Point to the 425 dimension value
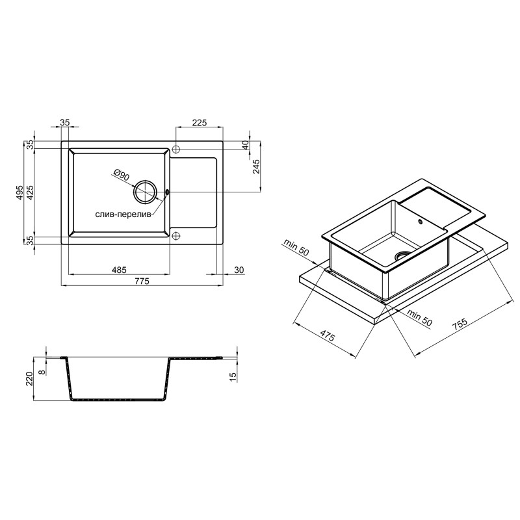click(31, 192)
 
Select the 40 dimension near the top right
click(245, 144)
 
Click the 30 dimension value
click(239, 270)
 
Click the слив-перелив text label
click(123, 214)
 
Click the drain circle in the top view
click(145, 192)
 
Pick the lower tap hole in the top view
click(175, 235)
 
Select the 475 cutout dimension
click(327, 337)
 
